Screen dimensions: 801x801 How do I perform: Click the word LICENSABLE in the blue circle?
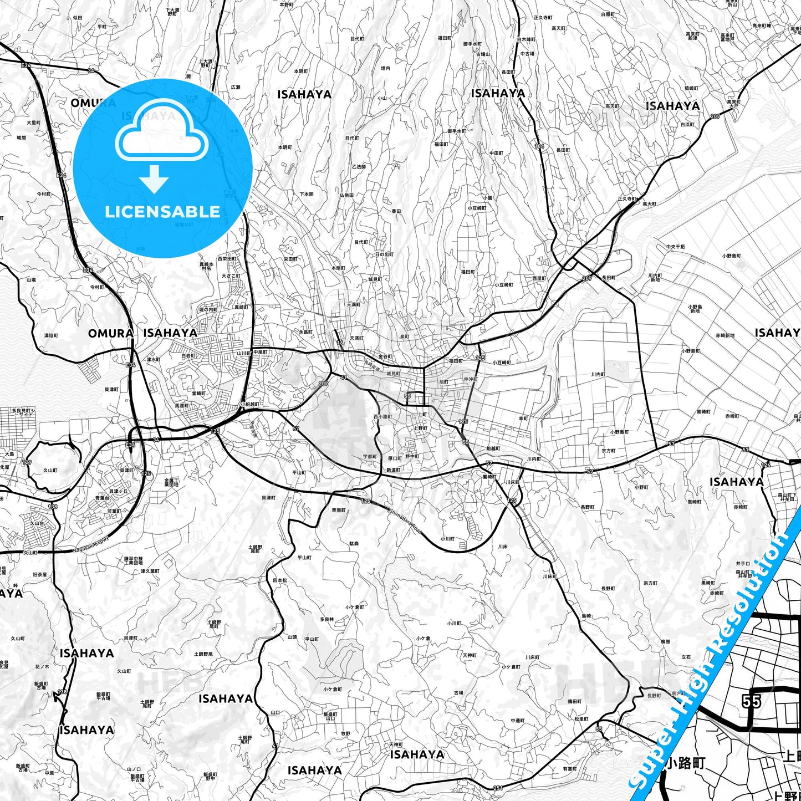(x=162, y=211)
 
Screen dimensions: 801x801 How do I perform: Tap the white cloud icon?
(x=161, y=136)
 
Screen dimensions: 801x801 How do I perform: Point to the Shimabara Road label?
(x=405, y=522)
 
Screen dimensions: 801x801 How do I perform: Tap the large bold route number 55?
(x=751, y=702)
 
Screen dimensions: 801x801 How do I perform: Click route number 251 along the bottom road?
(x=497, y=788)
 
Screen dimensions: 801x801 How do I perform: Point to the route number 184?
(x=539, y=146)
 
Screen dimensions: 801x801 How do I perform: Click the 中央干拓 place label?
(x=675, y=247)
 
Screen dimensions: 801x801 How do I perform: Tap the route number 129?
(x=27, y=462)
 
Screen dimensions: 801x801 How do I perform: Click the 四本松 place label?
(x=280, y=580)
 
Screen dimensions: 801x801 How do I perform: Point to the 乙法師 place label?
(x=359, y=166)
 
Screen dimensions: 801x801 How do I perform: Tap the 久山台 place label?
(x=37, y=522)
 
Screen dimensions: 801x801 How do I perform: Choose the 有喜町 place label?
(x=570, y=769)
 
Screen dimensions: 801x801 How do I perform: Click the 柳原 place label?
(x=665, y=642)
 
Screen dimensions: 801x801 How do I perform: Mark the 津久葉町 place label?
(x=150, y=571)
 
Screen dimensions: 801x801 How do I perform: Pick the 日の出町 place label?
(x=384, y=254)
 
